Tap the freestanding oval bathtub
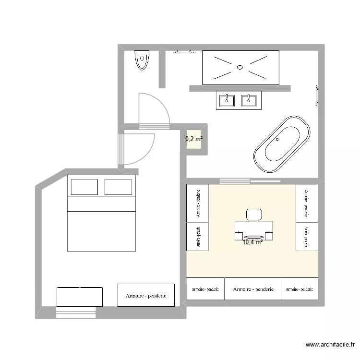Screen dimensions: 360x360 [x=281, y=144]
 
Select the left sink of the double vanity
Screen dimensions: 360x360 [x=226, y=100]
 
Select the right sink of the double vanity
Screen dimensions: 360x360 [x=248, y=100]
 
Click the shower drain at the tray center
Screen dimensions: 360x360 [x=240, y=68]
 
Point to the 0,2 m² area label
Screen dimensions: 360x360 [x=194, y=139]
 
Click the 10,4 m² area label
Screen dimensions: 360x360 [x=252, y=242]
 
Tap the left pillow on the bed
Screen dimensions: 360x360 [x=84, y=187]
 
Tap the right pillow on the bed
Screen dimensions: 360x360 [x=118, y=187]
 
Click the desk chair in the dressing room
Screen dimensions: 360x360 [x=253, y=214]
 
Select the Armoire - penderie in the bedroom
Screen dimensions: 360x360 [x=146, y=295]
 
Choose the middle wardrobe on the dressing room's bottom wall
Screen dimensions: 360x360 [x=253, y=289]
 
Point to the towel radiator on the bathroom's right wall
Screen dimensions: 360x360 [x=316, y=95]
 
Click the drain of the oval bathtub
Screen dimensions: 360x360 [x=277, y=140]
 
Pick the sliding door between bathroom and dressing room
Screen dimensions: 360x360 [x=250, y=181]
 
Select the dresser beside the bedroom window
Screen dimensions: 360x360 [x=80, y=297]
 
